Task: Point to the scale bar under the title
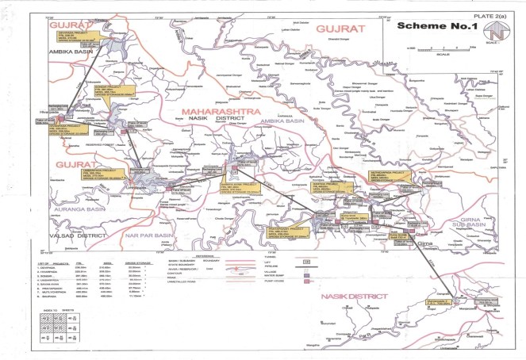click(x=434, y=48)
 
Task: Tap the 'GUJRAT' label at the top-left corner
click(x=67, y=26)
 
